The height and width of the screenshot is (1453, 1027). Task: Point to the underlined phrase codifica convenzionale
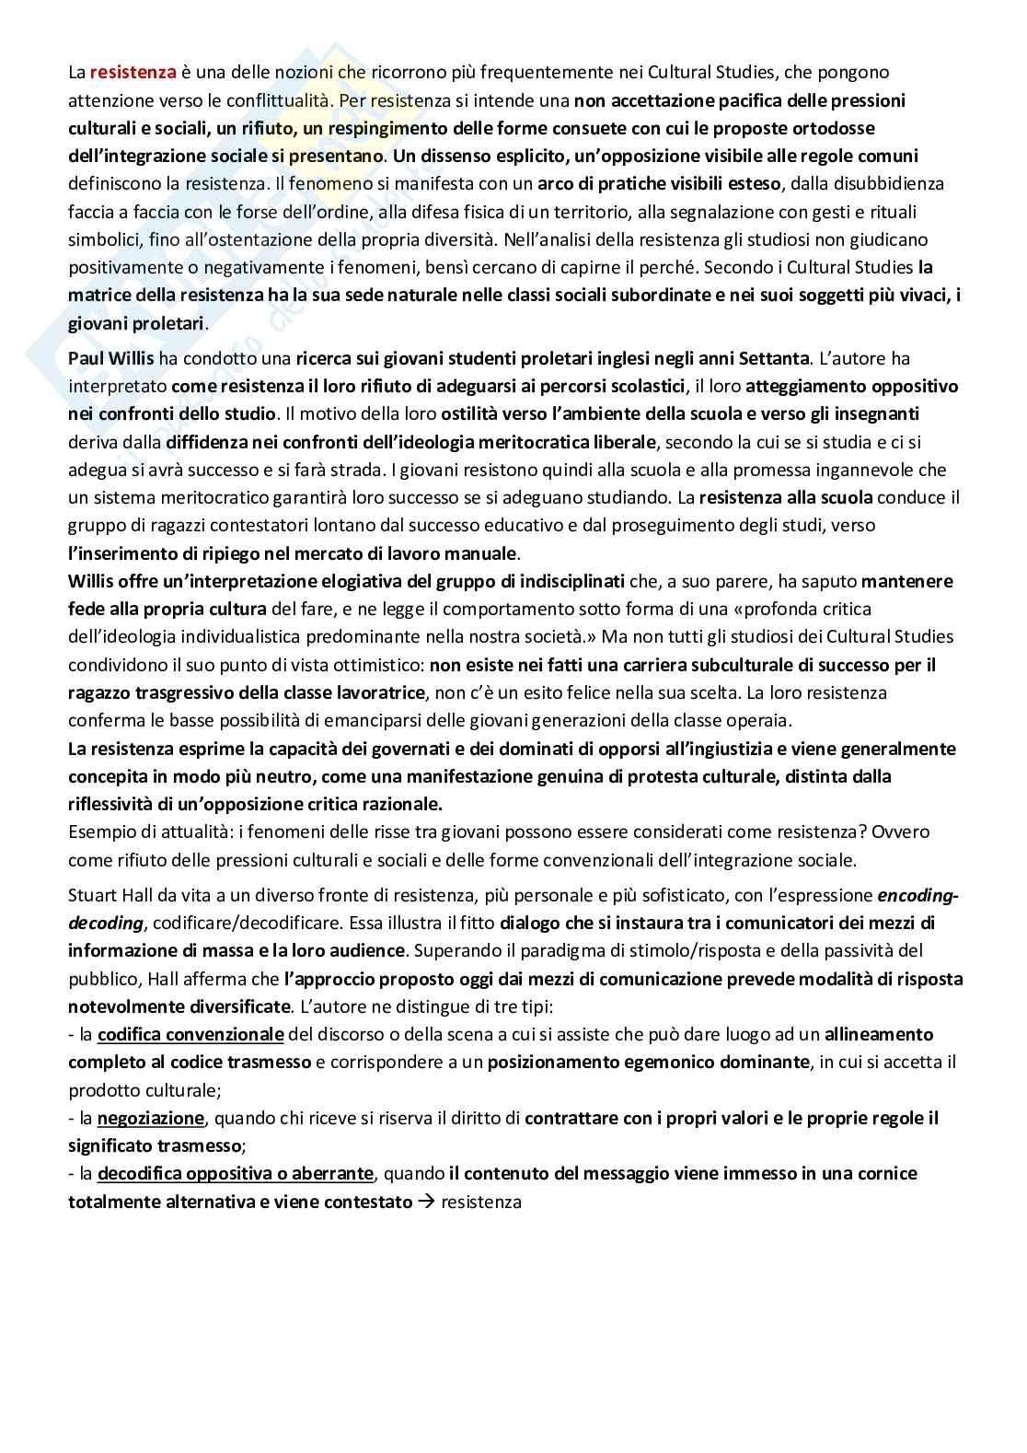coord(190,1034)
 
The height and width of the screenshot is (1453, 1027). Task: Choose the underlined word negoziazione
coord(150,1118)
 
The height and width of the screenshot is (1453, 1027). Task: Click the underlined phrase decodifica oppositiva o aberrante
coord(235,1173)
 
